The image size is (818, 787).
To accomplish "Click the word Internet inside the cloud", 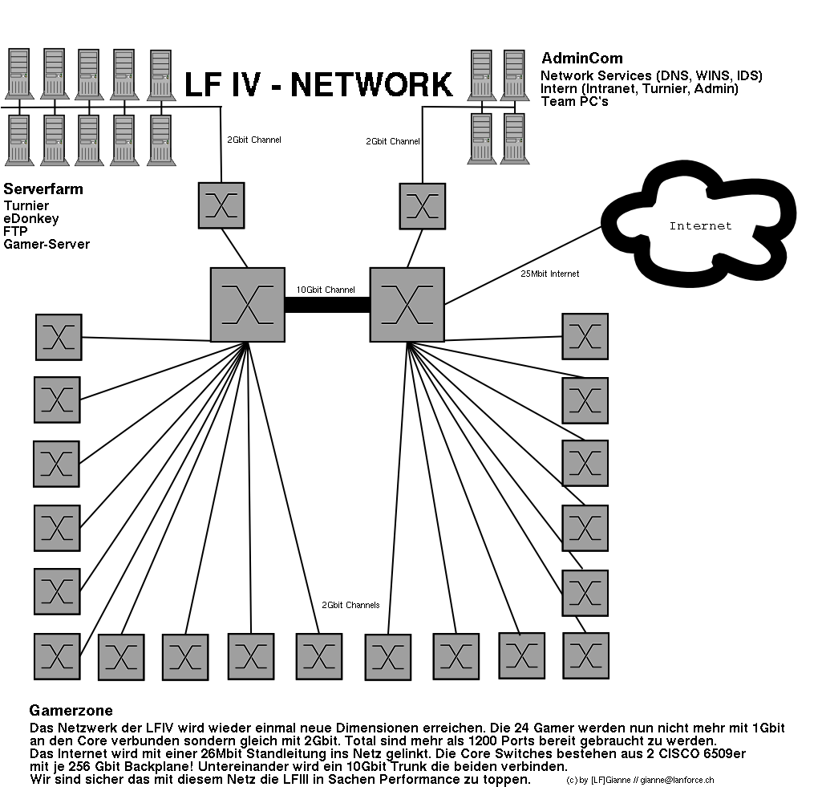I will tap(700, 226).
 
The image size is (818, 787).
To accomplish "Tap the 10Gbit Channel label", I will tap(326, 290).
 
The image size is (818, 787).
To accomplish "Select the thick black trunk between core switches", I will tap(326, 304).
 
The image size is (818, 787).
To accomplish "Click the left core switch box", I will tap(247, 305).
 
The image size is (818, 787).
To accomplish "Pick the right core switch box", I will tap(407, 305).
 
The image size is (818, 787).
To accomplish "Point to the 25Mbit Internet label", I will tap(549, 274).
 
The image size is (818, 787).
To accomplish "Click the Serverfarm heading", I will tap(43, 190).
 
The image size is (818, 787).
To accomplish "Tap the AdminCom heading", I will tap(581, 59).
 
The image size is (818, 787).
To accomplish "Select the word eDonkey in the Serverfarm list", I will tap(30, 218).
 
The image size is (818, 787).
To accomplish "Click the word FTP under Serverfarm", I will tap(15, 231).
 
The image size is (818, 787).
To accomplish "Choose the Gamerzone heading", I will tap(71, 711).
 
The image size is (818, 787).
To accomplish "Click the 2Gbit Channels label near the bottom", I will tap(350, 605).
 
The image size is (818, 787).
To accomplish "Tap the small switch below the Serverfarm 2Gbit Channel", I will tap(221, 205).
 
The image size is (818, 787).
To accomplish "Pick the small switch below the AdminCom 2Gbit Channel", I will tap(422, 205).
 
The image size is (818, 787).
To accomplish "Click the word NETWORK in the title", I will tap(371, 85).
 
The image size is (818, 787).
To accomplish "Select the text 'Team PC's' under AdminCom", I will tap(574, 101).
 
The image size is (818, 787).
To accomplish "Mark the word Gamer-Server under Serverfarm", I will tap(47, 244).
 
